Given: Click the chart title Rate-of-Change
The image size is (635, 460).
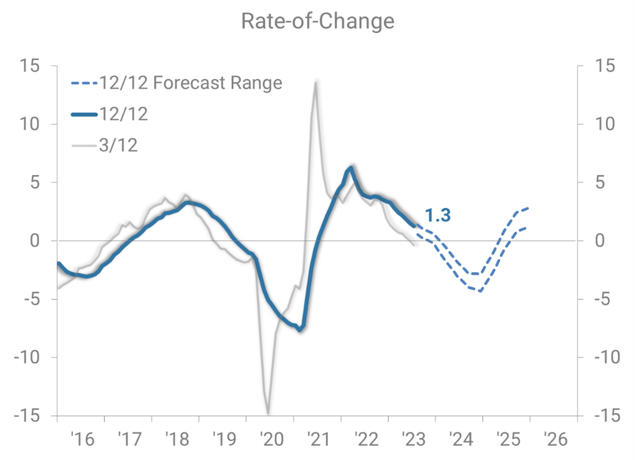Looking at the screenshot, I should (x=317, y=21).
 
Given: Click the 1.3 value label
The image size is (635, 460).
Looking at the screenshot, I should (x=437, y=215).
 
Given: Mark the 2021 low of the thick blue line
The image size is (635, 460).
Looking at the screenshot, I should (x=300, y=330).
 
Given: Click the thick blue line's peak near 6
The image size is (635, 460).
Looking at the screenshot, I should (x=351, y=168).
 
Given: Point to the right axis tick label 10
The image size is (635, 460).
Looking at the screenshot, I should (x=604, y=124).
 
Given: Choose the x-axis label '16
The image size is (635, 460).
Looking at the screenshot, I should (x=81, y=440).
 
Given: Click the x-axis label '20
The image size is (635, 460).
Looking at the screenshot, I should (x=270, y=440).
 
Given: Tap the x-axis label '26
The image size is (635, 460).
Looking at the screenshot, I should (x=554, y=440).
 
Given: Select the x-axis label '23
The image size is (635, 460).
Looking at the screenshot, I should (x=412, y=440).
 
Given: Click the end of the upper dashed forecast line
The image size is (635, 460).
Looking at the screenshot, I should (x=529, y=208).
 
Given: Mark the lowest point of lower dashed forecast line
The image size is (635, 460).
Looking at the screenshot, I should (x=481, y=291).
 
